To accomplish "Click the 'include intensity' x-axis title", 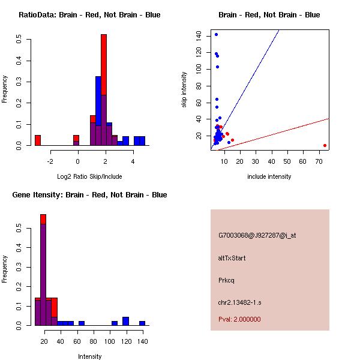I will pos(269,177).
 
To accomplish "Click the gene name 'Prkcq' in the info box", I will pos(226,280).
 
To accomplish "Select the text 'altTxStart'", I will pos(232,258).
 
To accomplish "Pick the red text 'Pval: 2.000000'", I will pos(239,320).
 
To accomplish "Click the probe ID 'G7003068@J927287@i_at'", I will pos(257,235).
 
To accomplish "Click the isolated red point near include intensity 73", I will pos(325,145).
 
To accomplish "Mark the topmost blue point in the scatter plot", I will pos(216,34).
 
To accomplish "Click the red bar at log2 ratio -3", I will pos(38,140).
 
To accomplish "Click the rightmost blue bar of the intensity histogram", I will pos(142,323).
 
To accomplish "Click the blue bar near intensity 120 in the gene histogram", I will pos(125,321).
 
